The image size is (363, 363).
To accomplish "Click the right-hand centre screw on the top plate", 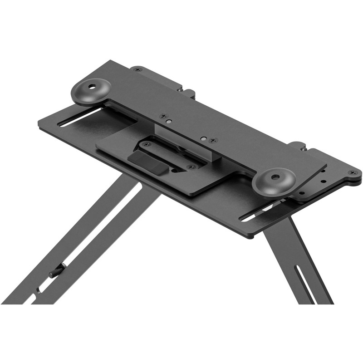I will pos(214,140).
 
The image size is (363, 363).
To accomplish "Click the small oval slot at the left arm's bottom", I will pos(35,298).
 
